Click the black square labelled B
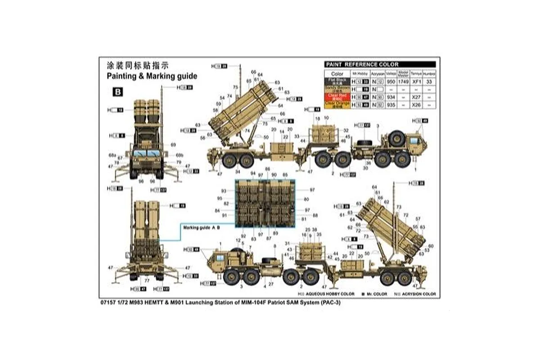pyautogui.click(x=118, y=92)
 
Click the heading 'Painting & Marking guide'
pyautogui.click(x=152, y=76)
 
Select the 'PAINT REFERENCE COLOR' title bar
pyautogui.click(x=380, y=65)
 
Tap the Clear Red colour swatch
pyautogui.click(x=337, y=97)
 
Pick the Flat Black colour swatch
pyautogui.click(x=337, y=81)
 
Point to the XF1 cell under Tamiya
pyautogui.click(x=417, y=82)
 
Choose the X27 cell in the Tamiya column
pyautogui.click(x=417, y=97)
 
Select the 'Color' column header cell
pyautogui.click(x=337, y=74)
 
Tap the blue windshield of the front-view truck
pyautogui.click(x=146, y=153)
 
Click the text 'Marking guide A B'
pyautogui.click(x=201, y=228)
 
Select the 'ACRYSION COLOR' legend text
pyautogui.click(x=419, y=294)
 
